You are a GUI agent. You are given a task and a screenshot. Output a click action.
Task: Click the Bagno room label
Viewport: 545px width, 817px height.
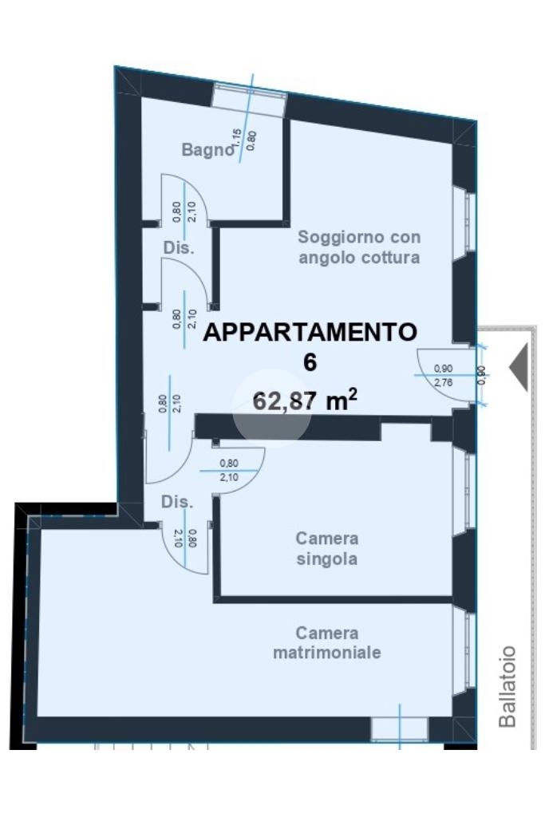tap(207, 150)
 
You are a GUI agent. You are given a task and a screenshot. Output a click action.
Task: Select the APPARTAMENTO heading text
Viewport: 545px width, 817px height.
tap(310, 332)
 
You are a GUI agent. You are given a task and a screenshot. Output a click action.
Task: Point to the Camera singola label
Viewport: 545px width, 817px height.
tap(326, 548)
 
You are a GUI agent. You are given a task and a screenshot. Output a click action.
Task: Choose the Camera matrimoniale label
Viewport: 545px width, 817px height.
tap(326, 642)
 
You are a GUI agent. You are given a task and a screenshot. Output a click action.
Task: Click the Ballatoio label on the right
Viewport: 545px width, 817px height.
tap(507, 685)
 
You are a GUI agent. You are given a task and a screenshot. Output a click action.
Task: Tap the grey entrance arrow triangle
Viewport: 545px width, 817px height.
tap(519, 367)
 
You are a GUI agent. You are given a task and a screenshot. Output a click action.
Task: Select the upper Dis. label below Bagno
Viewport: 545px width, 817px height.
tap(179, 247)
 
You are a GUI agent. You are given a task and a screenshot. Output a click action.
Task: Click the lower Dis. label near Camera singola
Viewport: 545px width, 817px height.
tap(177, 502)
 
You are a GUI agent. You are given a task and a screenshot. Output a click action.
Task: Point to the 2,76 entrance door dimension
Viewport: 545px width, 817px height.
tap(444, 382)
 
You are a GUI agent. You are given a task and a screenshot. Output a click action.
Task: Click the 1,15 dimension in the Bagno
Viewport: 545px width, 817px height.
tap(238, 140)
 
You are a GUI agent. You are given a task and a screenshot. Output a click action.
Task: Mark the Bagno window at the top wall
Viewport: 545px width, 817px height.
tap(250, 96)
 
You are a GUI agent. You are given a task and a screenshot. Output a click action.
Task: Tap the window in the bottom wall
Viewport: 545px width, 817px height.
tap(400, 728)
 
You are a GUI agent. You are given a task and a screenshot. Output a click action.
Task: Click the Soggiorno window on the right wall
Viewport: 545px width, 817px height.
tap(464, 223)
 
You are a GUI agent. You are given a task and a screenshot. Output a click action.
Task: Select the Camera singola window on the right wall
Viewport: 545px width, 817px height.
tap(464, 491)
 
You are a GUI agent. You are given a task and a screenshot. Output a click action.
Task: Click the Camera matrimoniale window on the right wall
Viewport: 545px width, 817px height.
tap(464, 649)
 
